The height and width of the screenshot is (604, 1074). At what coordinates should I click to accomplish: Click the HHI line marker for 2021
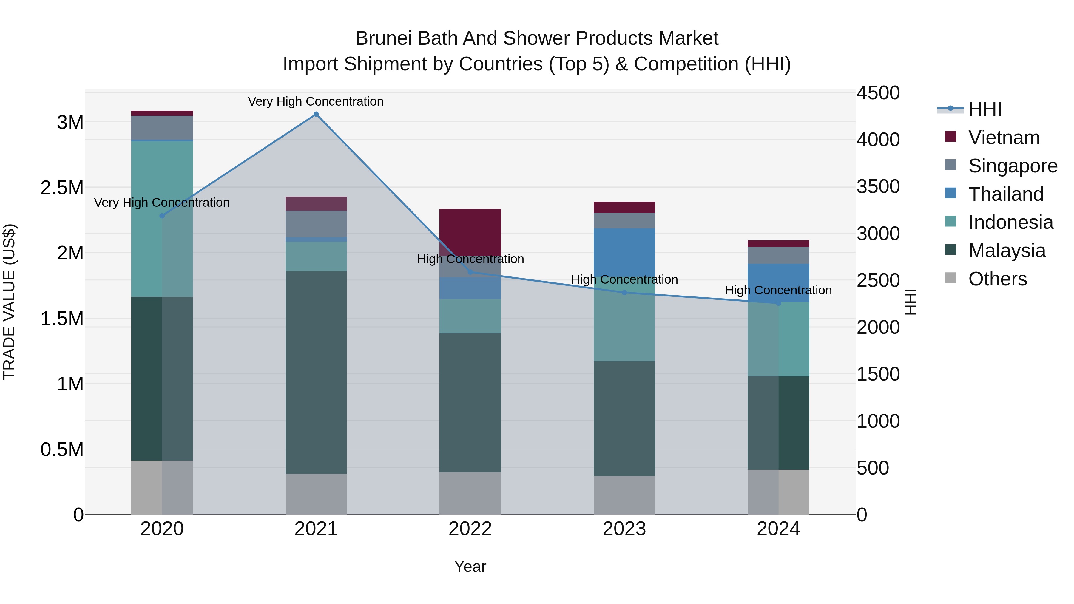click(316, 114)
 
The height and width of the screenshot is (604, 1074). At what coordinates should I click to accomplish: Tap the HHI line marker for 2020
click(162, 216)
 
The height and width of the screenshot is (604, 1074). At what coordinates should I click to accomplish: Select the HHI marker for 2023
click(624, 293)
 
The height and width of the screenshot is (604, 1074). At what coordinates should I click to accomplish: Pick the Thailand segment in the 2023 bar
click(624, 252)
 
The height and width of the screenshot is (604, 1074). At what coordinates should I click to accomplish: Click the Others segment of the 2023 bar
click(624, 495)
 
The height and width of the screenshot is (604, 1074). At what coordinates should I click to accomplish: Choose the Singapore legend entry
click(1012, 166)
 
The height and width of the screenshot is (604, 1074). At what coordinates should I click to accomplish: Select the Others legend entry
click(997, 279)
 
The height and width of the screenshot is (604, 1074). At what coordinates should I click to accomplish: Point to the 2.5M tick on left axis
click(62, 188)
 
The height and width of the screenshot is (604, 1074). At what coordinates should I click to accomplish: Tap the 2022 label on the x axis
click(470, 529)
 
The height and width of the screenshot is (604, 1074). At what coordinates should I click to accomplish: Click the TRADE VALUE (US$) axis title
click(9, 302)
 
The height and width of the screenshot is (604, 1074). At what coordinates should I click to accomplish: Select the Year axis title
click(470, 566)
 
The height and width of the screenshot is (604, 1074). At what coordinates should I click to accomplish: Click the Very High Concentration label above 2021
click(316, 101)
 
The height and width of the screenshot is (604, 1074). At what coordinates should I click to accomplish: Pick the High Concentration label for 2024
click(778, 290)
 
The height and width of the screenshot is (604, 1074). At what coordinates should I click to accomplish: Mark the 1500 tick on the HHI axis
click(878, 374)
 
